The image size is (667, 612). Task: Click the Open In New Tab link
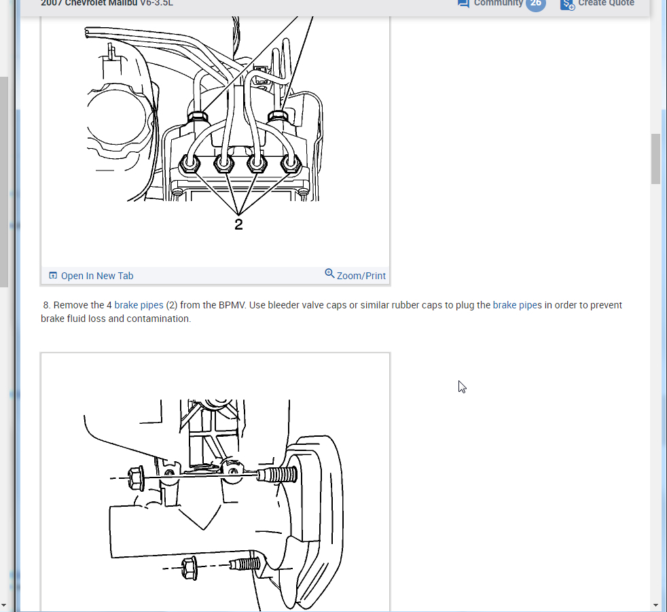point(96,276)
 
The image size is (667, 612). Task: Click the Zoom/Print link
point(361,276)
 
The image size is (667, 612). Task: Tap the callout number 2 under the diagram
point(238,224)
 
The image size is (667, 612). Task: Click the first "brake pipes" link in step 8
point(139,305)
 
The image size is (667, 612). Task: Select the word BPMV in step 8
point(231,305)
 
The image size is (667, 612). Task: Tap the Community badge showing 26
point(535,3)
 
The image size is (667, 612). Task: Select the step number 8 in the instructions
point(46,305)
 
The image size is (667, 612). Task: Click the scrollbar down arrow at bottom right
point(655,605)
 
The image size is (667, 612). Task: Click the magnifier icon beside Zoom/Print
point(329,274)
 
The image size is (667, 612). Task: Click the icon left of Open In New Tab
point(53,276)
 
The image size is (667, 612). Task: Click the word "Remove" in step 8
point(70,305)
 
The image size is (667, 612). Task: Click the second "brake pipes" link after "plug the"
point(518,305)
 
